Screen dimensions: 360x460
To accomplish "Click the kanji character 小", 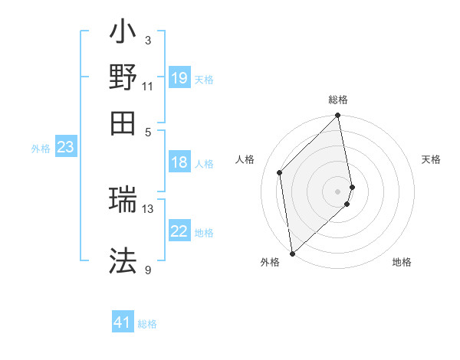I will [123, 35].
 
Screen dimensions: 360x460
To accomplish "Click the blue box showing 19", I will [179, 78].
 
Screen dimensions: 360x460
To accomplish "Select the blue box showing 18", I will [179, 163].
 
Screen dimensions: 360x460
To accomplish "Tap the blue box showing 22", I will [179, 232].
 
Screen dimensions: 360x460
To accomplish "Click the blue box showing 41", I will [123, 323].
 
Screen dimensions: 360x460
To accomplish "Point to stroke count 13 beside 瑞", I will [148, 208].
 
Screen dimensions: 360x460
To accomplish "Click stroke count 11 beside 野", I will [148, 86].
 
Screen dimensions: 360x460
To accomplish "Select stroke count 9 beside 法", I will [148, 270].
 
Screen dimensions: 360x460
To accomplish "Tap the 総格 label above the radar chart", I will [338, 100].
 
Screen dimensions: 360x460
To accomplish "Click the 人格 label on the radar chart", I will [245, 159].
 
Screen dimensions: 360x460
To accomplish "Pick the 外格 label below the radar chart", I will [270, 263].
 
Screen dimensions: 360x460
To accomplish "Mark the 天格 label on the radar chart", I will [431, 159].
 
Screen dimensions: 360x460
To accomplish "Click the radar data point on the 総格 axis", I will [338, 116].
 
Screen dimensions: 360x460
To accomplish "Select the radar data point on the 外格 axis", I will [292, 254].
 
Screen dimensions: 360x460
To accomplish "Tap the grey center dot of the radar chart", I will [338, 191].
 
